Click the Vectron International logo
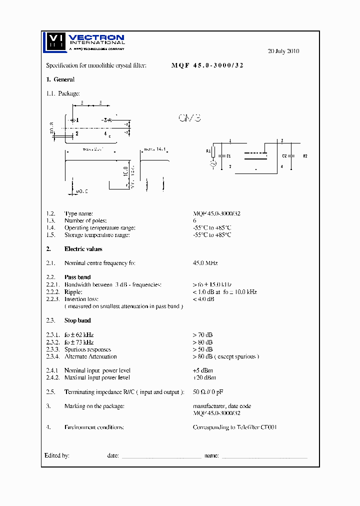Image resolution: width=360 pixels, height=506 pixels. pyautogui.click(x=83, y=42)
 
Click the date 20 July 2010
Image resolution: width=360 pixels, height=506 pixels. pyautogui.click(x=283, y=51)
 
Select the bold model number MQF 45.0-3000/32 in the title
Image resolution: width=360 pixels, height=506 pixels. pyautogui.click(x=207, y=65)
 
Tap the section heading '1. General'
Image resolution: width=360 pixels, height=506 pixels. pyautogui.click(x=60, y=79)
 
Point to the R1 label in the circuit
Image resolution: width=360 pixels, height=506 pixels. pyautogui.click(x=208, y=150)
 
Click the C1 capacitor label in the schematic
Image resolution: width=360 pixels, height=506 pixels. pyautogui.click(x=228, y=156)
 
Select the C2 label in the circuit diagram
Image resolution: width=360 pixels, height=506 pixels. pyautogui.click(x=284, y=156)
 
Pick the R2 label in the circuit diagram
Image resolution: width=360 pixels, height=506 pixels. pyautogui.click(x=304, y=156)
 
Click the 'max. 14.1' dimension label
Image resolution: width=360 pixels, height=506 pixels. pyautogui.click(x=154, y=149)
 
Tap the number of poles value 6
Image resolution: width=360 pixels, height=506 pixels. pyautogui.click(x=194, y=220)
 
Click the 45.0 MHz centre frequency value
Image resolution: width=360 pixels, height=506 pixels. pyautogui.click(x=205, y=263)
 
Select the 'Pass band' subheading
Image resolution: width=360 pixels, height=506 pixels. pyautogui.click(x=77, y=277)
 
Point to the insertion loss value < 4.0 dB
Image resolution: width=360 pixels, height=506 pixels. pyautogui.click(x=203, y=299)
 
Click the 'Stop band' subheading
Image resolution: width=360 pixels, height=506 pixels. pyautogui.click(x=77, y=320)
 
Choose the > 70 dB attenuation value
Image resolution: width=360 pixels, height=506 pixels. pyautogui.click(x=202, y=334)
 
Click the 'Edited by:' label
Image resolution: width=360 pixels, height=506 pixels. pyautogui.click(x=56, y=455)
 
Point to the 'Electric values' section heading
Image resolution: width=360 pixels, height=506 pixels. pyautogui.click(x=83, y=249)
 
